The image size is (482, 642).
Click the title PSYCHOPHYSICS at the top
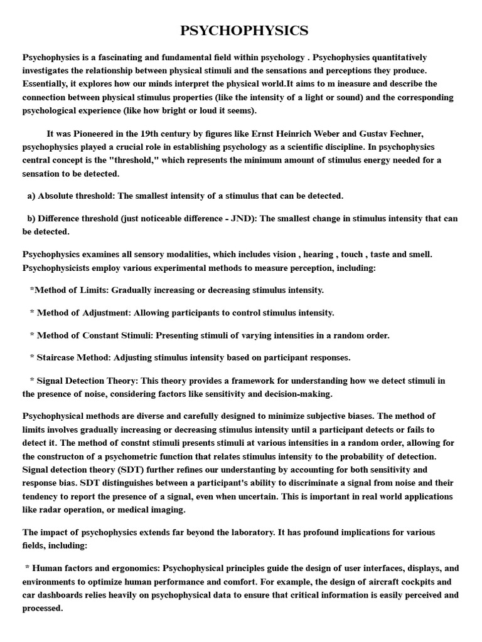[x=244, y=31]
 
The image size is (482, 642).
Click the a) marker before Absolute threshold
[x=31, y=196]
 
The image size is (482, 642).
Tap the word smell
[x=436, y=254]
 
